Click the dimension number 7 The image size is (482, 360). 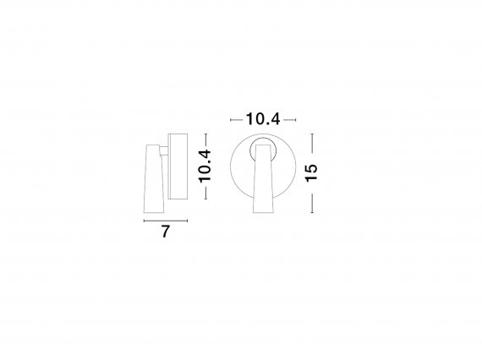click(x=166, y=232)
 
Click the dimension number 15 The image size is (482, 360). click(x=311, y=173)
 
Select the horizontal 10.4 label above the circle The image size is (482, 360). click(x=263, y=119)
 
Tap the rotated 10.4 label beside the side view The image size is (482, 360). click(x=205, y=166)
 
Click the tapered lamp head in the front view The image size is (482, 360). click(x=263, y=179)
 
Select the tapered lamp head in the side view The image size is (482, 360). click(x=154, y=178)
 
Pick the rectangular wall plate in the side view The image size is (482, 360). click(x=178, y=166)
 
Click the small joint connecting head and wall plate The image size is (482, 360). click(x=163, y=151)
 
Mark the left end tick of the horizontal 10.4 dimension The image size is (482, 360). click(x=231, y=120)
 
